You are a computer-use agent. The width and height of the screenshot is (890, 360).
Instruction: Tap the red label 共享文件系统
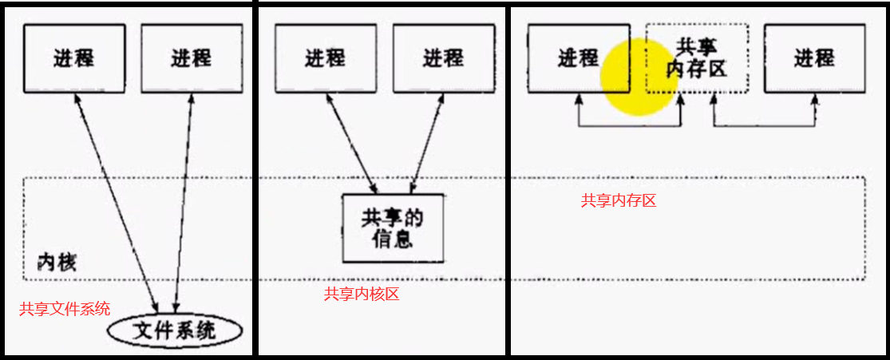click(x=65, y=309)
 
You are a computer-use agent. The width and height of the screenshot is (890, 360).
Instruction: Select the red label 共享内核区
click(x=362, y=295)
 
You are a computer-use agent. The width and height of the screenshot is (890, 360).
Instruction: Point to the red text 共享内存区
click(x=619, y=201)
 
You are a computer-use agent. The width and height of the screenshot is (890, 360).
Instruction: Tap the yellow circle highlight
click(x=639, y=77)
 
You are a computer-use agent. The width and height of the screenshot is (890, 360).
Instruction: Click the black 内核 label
click(x=57, y=262)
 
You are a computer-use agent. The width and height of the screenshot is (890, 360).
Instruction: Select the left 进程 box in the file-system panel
click(x=73, y=58)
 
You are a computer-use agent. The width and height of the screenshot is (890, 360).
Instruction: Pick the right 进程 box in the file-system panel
click(x=192, y=58)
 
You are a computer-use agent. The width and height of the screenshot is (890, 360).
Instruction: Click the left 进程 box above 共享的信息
click(x=325, y=58)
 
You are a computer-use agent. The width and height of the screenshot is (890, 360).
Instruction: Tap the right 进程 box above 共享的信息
click(x=443, y=58)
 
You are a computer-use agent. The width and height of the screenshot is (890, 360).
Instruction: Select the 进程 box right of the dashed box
click(x=813, y=58)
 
